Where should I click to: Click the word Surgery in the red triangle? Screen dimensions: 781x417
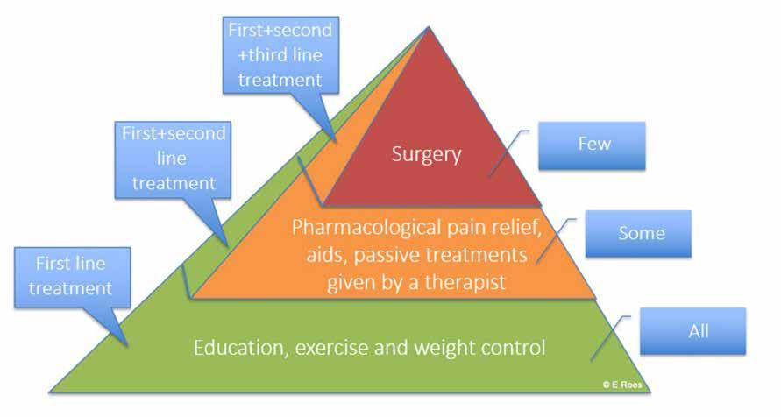pos(426,154)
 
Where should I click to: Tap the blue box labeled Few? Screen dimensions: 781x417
pos(593,145)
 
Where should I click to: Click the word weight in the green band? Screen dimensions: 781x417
pos(442,348)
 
